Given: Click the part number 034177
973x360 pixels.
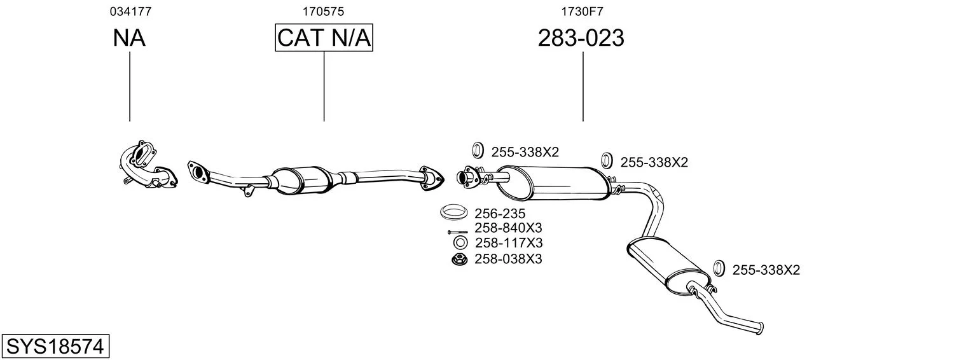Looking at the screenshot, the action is tap(131, 11).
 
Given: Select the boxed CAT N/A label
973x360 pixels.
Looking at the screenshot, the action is tap(324, 38).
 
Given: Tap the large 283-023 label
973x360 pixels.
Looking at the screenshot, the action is tap(581, 38).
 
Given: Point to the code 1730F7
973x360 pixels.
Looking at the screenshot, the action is tap(582, 11).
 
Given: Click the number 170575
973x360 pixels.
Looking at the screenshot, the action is tap(323, 11).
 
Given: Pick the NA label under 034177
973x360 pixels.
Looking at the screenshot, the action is tap(129, 38).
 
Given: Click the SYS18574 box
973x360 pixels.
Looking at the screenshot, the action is tap(55, 346).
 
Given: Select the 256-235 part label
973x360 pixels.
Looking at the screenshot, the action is tap(499, 213).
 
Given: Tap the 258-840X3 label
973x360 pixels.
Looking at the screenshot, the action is tap(508, 228).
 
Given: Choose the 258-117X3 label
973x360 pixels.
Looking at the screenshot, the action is tap(509, 242).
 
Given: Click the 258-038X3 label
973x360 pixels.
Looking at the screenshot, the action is tap(508, 259).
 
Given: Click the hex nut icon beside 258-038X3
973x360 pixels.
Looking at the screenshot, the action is tap(460, 260).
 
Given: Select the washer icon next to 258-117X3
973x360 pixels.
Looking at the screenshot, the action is tap(460, 242).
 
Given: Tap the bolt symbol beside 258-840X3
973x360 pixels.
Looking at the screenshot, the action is tap(457, 232).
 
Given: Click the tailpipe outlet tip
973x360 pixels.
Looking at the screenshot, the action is tap(761, 328).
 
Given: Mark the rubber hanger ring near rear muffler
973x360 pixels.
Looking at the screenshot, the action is tap(719, 268).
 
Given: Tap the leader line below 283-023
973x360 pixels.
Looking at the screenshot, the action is tap(583, 87).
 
